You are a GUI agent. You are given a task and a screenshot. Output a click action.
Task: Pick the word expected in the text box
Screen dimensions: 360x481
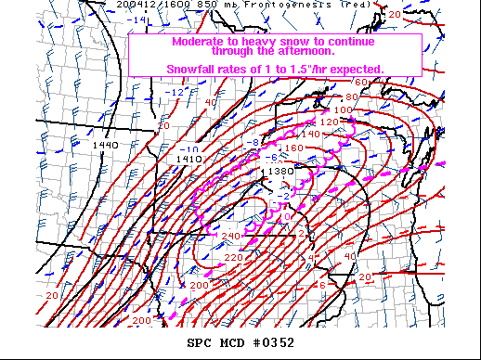click(x=357, y=70)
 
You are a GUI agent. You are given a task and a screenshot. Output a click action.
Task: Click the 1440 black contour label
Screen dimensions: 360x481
click(x=105, y=145)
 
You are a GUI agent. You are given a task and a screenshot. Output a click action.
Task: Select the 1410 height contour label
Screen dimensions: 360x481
click(x=189, y=159)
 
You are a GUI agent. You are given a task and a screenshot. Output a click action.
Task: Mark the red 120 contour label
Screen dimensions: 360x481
click(x=330, y=122)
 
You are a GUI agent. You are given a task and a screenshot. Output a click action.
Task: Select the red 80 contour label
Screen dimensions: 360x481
click(x=351, y=96)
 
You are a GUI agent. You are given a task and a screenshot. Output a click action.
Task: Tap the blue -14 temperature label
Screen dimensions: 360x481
click(x=139, y=19)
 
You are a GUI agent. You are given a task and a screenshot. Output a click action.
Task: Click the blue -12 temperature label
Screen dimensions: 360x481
click(x=177, y=92)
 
